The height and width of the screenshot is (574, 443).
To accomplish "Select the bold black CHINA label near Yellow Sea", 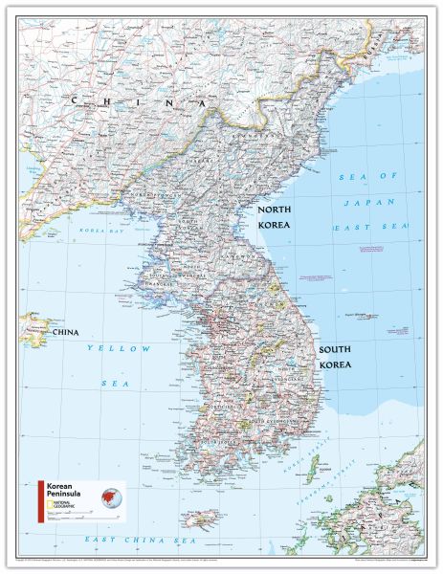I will click(64, 332).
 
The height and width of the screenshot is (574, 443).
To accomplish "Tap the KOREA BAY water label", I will click(100, 232).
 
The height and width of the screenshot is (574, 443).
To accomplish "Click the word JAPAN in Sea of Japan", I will click(362, 202).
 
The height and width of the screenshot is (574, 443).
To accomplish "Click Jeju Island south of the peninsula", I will click(202, 521).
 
